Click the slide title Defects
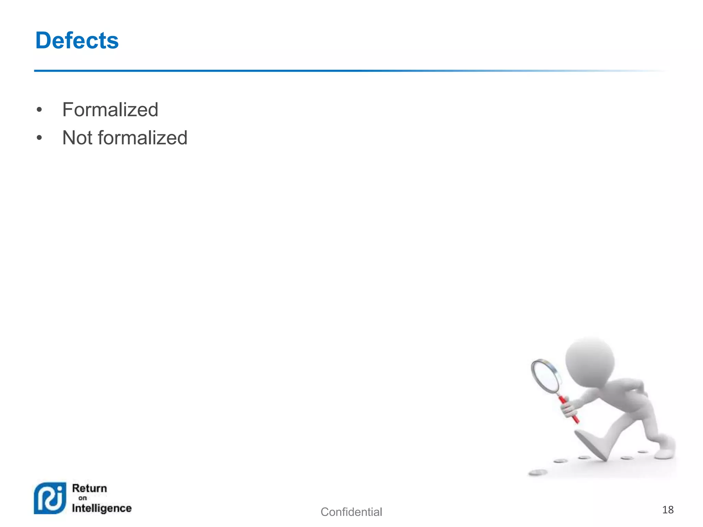tap(77, 40)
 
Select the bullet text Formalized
tap(110, 110)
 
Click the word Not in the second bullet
tap(77, 138)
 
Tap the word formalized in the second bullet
tap(142, 138)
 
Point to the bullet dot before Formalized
tap(39, 110)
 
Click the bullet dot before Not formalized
tap(39, 138)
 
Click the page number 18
tap(668, 510)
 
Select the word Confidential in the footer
tap(351, 512)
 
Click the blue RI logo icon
tap(50, 498)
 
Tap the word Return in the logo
tap(90, 488)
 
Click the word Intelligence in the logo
tap(102, 508)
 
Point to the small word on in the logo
tap(83, 498)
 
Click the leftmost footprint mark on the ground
tap(538, 473)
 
